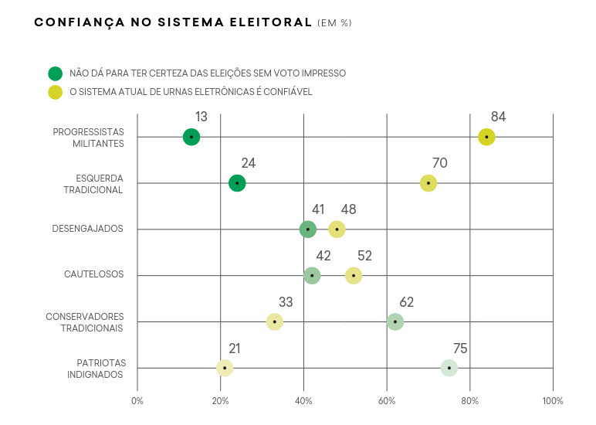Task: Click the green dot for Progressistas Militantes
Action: point(191,137)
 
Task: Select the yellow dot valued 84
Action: point(486,137)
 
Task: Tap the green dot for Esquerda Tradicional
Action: point(237,183)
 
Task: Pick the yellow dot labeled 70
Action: point(428,183)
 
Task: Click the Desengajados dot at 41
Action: point(308,229)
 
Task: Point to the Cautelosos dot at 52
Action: point(354,275)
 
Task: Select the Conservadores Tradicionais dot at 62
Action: point(395,321)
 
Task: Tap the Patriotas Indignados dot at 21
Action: point(225,368)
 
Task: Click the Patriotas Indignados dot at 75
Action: point(449,368)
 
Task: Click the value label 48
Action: point(348,209)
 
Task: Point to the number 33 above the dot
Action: point(286,302)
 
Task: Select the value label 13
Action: point(201,117)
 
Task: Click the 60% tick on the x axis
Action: point(387,401)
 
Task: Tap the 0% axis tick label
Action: point(137,401)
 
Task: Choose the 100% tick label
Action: point(553,401)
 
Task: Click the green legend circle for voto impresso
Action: point(55,73)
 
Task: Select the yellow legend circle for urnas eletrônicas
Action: point(55,92)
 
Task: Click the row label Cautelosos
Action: point(93,275)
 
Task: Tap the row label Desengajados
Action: point(87,229)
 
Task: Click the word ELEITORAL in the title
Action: point(266,23)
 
